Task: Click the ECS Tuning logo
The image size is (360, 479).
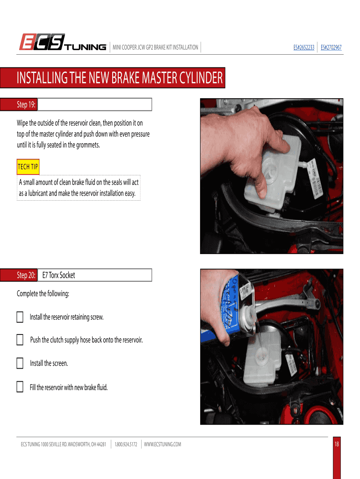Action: coord(63,42)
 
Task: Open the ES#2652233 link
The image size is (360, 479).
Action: coord(304,47)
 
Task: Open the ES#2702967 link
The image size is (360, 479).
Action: coord(331,47)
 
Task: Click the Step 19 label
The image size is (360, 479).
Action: coord(26,104)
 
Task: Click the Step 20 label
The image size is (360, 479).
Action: coord(26,275)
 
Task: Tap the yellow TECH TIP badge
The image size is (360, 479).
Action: coord(28,167)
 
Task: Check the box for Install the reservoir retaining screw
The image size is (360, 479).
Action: coord(20,317)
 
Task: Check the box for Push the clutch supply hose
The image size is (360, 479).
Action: coord(20,340)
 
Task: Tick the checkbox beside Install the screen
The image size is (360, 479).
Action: coord(20,363)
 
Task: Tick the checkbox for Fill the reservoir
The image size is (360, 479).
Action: coord(20,387)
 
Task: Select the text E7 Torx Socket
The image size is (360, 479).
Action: coord(58,275)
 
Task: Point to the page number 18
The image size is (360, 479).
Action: coord(337,444)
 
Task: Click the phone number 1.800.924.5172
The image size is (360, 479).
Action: coord(126,444)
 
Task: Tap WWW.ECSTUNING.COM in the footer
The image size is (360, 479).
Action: coord(162,444)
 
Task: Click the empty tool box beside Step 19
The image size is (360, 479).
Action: coord(94,104)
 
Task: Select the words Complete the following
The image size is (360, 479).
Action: coord(43,294)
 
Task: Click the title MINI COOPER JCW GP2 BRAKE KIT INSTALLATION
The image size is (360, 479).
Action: coord(155,47)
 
